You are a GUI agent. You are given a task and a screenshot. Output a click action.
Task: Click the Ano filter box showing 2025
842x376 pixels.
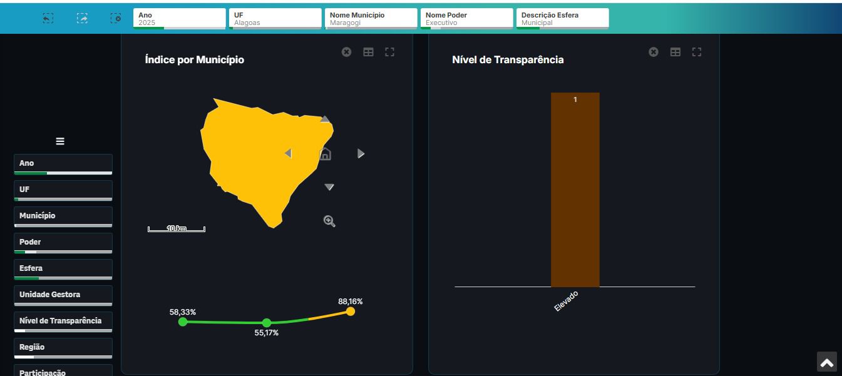(x=179, y=19)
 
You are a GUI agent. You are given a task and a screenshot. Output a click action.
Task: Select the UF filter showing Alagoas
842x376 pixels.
(x=275, y=19)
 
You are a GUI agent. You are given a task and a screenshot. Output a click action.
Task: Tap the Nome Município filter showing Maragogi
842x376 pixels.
(x=371, y=19)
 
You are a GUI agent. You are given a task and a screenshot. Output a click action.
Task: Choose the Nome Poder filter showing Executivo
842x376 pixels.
(x=466, y=19)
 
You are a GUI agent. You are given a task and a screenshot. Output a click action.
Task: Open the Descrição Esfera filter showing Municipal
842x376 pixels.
(x=562, y=19)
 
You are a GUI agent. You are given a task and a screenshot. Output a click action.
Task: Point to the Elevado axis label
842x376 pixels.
(x=567, y=301)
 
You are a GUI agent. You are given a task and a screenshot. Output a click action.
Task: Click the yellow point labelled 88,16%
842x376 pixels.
(x=351, y=312)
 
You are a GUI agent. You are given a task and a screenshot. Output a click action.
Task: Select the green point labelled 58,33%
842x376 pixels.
(x=183, y=322)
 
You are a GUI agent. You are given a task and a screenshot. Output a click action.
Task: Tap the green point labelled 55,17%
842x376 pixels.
(x=267, y=323)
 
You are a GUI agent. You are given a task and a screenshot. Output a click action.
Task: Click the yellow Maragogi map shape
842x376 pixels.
(x=257, y=156)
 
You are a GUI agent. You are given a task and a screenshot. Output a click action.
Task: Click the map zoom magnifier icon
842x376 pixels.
(x=329, y=221)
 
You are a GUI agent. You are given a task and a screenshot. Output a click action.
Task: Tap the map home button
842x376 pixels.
(x=325, y=154)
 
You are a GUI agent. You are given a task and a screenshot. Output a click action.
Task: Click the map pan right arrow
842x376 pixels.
(x=361, y=154)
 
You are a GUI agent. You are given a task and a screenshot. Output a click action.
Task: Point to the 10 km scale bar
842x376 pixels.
(x=177, y=229)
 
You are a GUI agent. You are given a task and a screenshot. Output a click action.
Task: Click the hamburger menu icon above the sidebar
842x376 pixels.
(x=60, y=141)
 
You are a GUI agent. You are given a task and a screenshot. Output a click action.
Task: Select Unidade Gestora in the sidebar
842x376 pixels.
(x=63, y=295)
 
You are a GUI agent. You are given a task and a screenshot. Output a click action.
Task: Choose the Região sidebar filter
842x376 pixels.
(x=63, y=347)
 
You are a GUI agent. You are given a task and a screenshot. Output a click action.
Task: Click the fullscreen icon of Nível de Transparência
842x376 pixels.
(x=697, y=52)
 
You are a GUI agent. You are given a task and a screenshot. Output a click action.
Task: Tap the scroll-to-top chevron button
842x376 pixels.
(x=826, y=362)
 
